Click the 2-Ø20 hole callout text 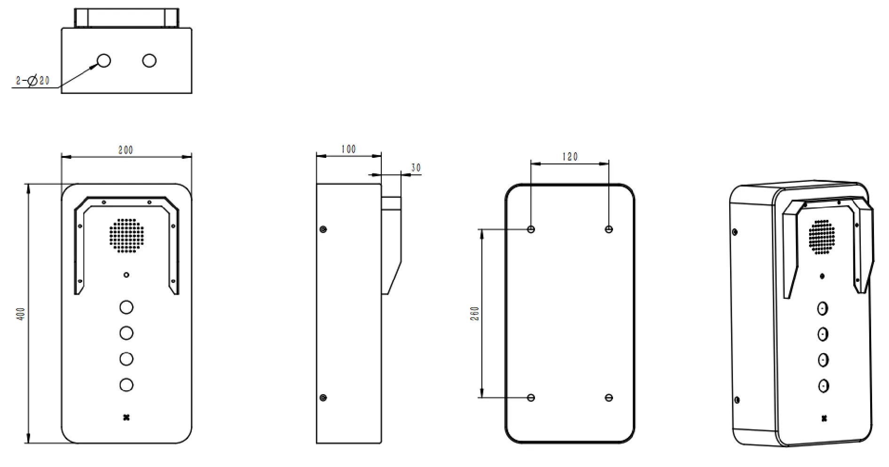[x=32, y=81]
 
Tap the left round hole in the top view [x=103, y=60]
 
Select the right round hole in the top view [x=149, y=60]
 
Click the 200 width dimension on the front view [x=126, y=150]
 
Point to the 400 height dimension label [x=20, y=314]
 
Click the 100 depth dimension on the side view [x=348, y=149]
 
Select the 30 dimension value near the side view [x=416, y=168]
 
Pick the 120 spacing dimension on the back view [x=570, y=156]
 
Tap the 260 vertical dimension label [x=474, y=313]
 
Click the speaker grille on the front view [x=126, y=235]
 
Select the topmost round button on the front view [x=126, y=307]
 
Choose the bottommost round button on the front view [x=126, y=385]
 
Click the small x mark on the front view [x=126, y=417]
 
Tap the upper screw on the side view [x=323, y=229]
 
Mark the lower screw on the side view [x=323, y=397]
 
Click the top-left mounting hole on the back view [x=531, y=229]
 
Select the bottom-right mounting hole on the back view [x=609, y=397]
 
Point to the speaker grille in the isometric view [x=822, y=237]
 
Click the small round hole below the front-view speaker [x=126, y=275]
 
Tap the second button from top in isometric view [x=823, y=334]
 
